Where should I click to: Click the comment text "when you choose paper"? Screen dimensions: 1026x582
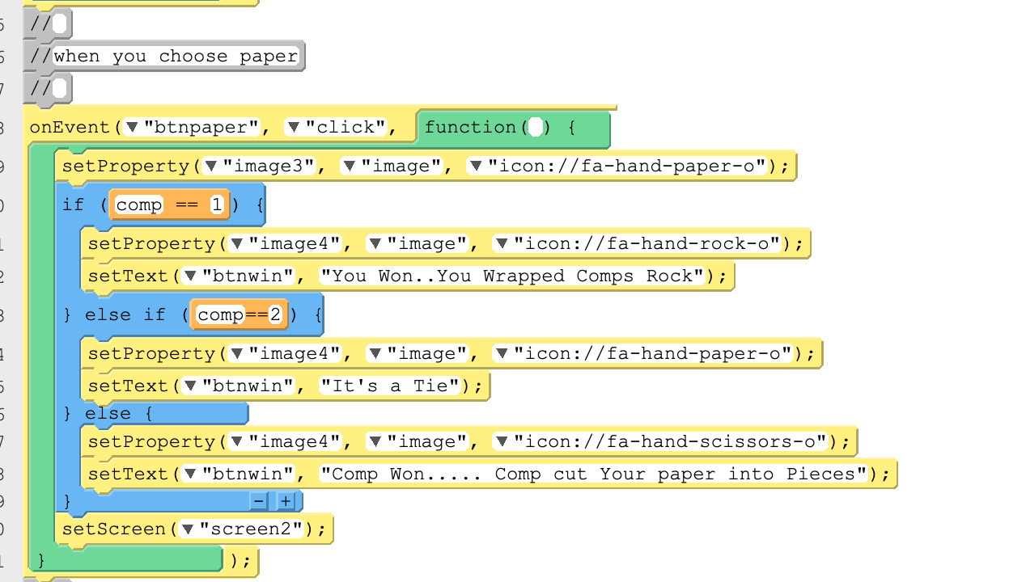pos(176,57)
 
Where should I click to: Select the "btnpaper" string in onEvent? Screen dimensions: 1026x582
pos(201,127)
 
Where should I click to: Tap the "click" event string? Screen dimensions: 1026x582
pos(346,127)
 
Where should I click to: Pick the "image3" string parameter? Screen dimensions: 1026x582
pos(269,166)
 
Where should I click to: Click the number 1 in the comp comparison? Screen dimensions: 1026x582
pos(217,205)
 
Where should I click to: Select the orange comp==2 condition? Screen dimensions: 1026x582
pos(239,314)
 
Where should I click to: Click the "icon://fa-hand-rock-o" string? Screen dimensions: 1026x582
pos(647,244)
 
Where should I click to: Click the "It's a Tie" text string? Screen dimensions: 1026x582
pos(390,386)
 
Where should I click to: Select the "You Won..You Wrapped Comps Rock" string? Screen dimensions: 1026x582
pos(512,276)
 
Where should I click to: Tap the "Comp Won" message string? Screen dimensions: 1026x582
pos(593,474)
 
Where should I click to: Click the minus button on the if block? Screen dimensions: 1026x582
pos(259,501)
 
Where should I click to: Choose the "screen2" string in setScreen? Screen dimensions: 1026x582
pos(252,529)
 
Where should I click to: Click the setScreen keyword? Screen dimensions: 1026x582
pos(113,529)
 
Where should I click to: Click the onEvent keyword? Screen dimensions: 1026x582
pos(70,127)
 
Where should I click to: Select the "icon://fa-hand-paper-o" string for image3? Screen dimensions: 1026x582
pos(627,166)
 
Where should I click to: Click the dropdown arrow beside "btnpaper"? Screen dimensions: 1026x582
pos(133,127)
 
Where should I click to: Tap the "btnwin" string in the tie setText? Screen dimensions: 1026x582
pos(248,386)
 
